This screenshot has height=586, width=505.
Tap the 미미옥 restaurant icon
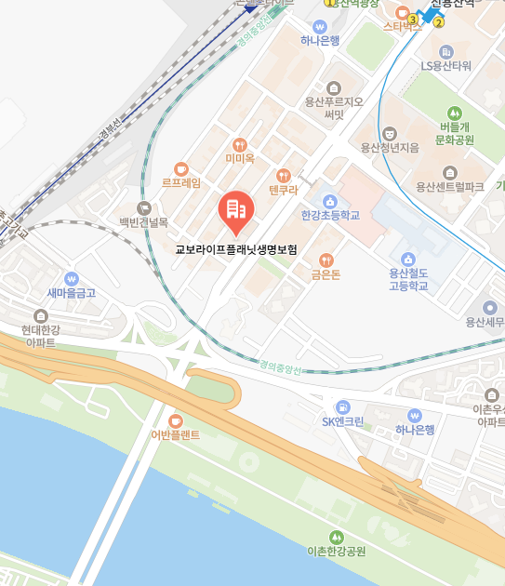(240, 144)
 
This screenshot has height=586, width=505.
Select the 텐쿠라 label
(283, 190)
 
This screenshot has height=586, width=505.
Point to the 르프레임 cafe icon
(180, 168)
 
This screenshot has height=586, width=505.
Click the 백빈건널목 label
(143, 222)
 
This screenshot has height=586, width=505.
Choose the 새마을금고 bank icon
(72, 278)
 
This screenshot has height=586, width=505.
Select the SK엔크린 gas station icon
(342, 406)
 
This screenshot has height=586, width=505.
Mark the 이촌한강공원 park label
(336, 551)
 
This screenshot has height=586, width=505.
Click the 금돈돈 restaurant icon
(326, 260)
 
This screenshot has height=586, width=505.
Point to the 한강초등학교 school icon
(329, 201)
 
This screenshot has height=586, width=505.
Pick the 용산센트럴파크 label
(449, 187)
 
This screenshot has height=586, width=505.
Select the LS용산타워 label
(446, 66)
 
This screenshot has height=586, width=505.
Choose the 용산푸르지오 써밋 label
(334, 107)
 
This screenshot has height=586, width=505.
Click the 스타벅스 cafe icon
(402, 13)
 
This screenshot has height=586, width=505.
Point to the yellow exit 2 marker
(438, 22)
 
